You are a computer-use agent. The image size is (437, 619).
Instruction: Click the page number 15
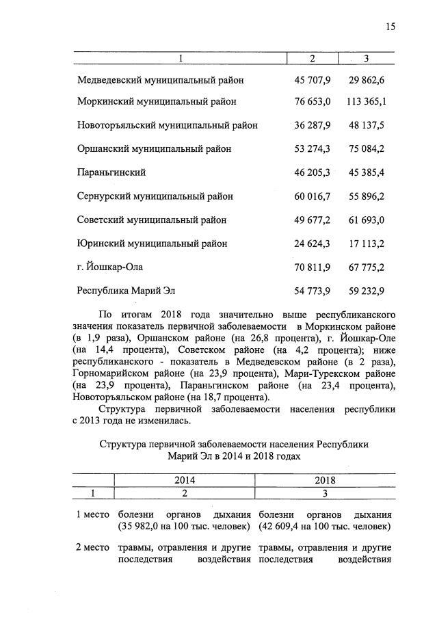pos(390,27)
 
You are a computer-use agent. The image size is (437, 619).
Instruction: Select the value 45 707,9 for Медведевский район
pos(312,81)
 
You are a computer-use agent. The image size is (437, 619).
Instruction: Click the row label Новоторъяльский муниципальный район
pos(168,126)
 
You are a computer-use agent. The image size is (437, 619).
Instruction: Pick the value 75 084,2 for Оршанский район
pos(365,148)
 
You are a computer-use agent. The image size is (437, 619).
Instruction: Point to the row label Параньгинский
pos(111,172)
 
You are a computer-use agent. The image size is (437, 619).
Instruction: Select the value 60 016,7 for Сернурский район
pos(312,196)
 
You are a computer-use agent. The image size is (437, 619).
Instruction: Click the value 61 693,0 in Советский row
pos(365,220)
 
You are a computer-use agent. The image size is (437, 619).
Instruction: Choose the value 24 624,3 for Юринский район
pos(312,243)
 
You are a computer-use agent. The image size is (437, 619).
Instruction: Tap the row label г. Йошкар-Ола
pos(110,267)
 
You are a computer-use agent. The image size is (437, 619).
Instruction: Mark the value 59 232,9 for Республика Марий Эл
pos(365,291)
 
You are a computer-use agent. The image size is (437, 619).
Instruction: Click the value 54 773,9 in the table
pos(312,291)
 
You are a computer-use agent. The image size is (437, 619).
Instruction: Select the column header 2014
pos(184,480)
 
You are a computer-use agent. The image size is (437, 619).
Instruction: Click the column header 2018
pos(325,480)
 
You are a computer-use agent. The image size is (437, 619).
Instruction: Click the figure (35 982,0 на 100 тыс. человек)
pos(184,527)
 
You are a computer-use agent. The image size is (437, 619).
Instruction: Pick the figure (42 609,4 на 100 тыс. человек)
pos(325,527)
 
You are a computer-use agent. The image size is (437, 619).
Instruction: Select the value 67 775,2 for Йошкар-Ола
pos(365,267)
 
